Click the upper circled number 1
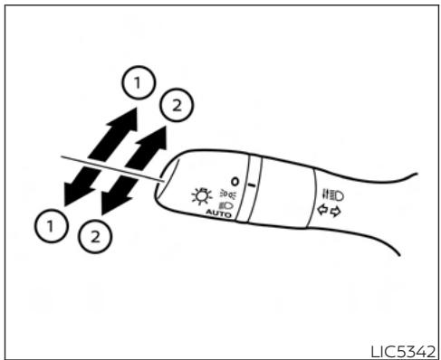point(135,85)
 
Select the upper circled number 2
point(176,107)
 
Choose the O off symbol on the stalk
point(233,177)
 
